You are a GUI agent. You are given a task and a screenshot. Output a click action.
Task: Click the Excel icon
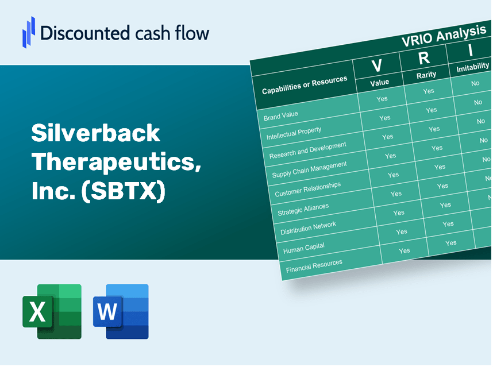(52, 311)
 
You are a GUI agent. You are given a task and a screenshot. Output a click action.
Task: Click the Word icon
(121, 311)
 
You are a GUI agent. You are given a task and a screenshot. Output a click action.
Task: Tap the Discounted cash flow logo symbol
(29, 31)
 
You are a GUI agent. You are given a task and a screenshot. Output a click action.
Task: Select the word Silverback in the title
(95, 134)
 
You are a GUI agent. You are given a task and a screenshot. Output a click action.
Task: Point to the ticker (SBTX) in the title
(124, 191)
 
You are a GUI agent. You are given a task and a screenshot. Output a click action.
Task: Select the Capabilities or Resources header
(305, 86)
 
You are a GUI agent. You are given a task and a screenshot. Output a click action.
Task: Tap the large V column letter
(377, 66)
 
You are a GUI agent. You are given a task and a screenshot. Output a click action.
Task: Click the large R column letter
(423, 58)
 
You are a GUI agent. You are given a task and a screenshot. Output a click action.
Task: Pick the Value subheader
(379, 83)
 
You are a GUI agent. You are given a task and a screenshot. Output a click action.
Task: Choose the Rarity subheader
(426, 75)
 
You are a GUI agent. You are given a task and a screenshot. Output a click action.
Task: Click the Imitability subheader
(472, 68)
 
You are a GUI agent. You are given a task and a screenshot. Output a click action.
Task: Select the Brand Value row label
(281, 115)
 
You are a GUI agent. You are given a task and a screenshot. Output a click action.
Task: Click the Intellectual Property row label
(294, 133)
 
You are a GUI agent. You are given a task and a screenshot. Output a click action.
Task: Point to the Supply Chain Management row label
(310, 171)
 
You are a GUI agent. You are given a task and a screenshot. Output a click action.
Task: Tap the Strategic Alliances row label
(303, 210)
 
